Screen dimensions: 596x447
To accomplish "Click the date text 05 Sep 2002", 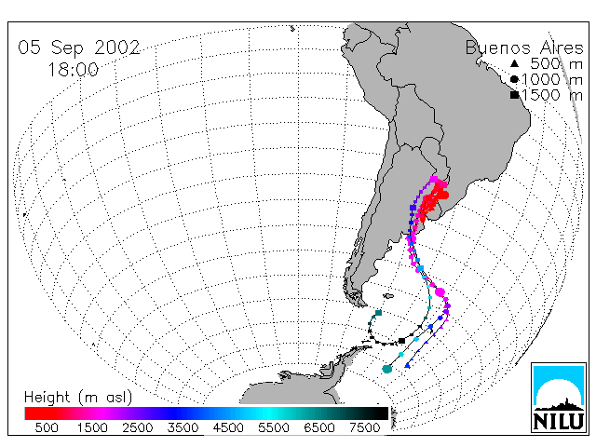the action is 79,47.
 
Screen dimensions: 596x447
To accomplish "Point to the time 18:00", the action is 74,70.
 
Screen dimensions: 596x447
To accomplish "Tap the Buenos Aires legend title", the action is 524,47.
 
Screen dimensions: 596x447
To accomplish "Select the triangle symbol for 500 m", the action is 514,63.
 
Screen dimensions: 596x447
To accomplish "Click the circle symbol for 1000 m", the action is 514,79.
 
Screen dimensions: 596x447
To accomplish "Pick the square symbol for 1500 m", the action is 515,95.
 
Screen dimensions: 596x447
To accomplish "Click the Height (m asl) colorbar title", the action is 78,398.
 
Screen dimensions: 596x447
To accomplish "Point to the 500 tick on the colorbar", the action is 47,428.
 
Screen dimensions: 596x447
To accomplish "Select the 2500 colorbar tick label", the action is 137,428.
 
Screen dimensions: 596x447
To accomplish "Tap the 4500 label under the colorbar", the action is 228,428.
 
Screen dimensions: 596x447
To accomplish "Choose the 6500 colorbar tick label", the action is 318,428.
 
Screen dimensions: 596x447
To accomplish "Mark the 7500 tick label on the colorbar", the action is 364,428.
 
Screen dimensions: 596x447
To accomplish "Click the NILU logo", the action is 559,398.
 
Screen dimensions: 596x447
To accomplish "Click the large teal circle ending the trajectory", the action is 387,369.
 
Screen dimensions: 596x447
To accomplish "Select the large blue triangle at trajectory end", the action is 408,365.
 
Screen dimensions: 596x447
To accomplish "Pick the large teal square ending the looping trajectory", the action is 378,313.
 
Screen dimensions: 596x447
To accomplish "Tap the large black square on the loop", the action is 401,341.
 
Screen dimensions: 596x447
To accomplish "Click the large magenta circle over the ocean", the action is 440,291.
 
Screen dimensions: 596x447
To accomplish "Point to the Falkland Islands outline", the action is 388,296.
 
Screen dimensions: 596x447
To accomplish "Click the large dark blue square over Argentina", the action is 413,208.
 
